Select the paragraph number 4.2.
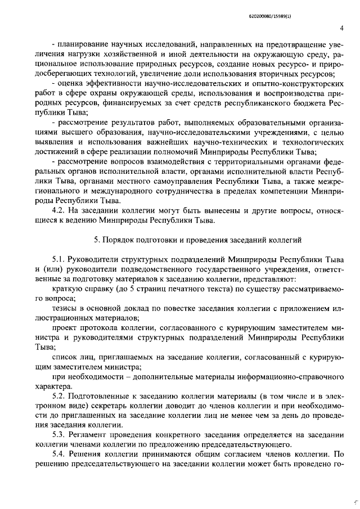point(57,211)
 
